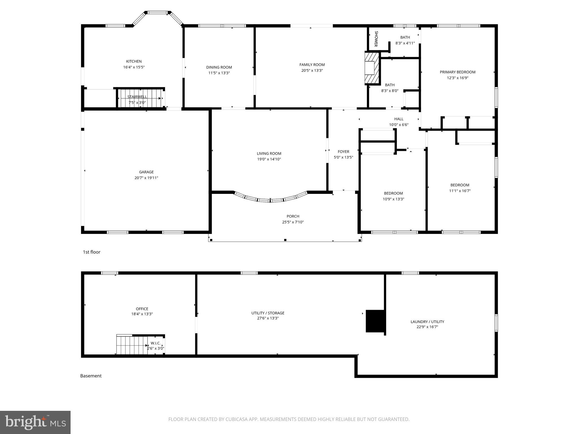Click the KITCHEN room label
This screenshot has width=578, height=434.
tap(134, 61)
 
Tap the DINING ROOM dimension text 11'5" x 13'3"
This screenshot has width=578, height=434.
tap(219, 73)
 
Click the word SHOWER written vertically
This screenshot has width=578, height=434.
tap(376, 39)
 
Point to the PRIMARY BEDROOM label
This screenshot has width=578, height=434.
tap(457, 72)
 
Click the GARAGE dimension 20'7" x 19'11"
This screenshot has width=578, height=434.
tap(146, 178)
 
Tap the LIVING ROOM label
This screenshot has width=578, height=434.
tap(269, 153)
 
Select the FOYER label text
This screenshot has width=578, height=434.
tap(343, 152)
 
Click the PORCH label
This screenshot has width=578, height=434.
tap(293, 216)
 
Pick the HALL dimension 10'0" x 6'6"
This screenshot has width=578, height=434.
tap(399, 125)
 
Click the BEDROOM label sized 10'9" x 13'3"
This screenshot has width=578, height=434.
tap(393, 193)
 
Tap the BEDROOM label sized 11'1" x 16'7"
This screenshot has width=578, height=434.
tap(460, 185)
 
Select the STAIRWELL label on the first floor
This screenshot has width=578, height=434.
tap(137, 97)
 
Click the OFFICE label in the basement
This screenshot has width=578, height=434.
tap(142, 309)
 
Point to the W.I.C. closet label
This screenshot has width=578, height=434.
tap(156, 343)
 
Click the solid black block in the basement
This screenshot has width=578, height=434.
tap(375, 321)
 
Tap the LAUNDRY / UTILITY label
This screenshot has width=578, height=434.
tap(427, 322)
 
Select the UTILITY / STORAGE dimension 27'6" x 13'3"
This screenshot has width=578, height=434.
tap(268, 318)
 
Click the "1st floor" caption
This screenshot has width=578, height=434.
tap(91, 252)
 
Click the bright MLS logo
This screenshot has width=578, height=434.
tap(35, 422)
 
